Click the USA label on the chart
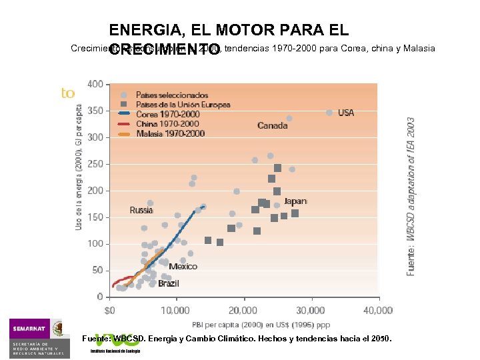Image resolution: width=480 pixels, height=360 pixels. coord(346,113)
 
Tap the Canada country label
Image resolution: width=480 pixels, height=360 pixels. coord(273,125)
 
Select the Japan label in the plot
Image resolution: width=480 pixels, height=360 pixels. coord(295,201)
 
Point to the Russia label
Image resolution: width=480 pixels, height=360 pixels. coord(141,210)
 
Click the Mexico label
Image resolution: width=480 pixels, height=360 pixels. coord(183,266)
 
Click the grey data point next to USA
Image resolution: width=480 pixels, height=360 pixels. coord(329,113)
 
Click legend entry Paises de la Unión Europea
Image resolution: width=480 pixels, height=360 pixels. coord(183,105)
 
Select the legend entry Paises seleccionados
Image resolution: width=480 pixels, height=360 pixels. coord(171,95)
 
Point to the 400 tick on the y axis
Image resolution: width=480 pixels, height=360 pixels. coord(95,84)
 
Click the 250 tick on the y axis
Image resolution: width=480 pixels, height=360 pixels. coord(95,163)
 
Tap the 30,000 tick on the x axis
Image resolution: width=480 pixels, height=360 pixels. coord(311,310)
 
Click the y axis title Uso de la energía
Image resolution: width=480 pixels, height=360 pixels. coord(79,167)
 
